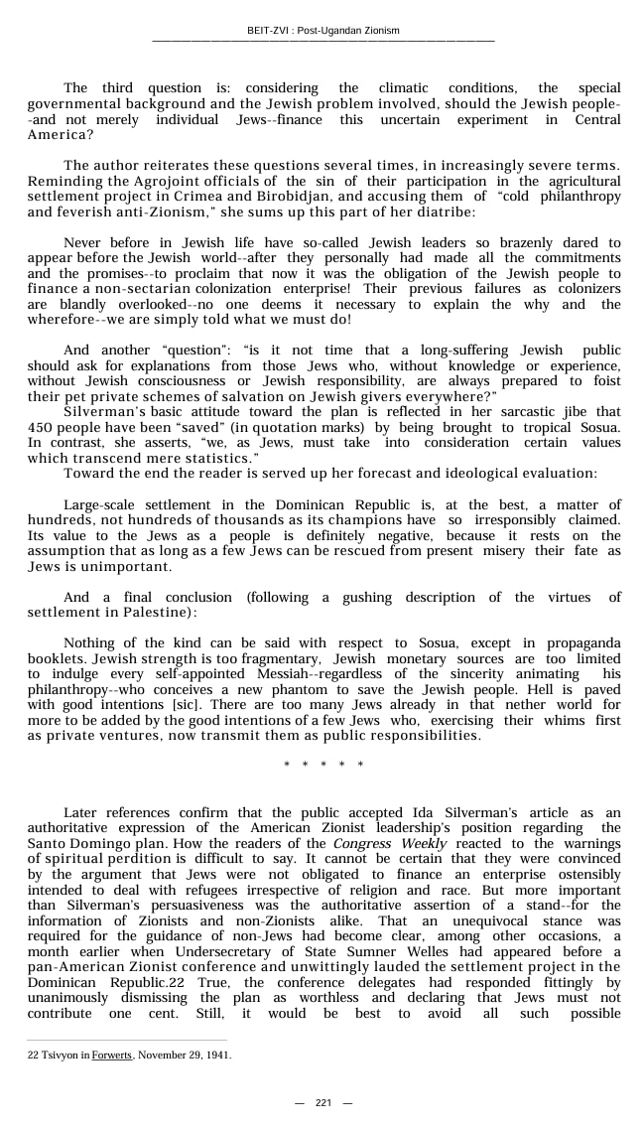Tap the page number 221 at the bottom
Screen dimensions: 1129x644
[x=323, y=1103]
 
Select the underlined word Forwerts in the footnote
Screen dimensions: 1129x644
[x=111, y=1056]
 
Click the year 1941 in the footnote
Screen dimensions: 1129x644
[x=218, y=1056]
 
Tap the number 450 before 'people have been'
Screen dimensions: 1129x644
[x=41, y=427]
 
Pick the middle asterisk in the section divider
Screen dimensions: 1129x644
[x=323, y=765]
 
